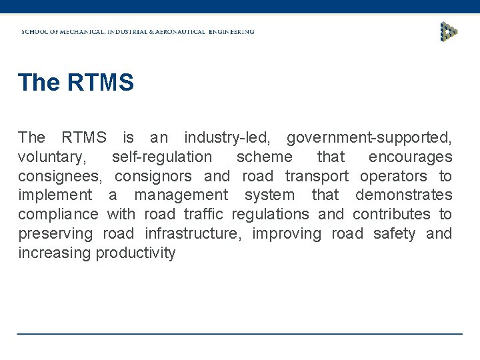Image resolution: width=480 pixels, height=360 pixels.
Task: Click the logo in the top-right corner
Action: [449, 31]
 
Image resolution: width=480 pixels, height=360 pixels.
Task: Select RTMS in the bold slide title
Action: [100, 83]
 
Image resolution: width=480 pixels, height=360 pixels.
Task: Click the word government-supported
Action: [369, 138]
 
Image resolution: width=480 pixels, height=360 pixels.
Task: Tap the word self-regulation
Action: [162, 157]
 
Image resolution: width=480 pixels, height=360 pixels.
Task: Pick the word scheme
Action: [264, 157]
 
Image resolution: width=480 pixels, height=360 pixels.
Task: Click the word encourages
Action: [410, 157]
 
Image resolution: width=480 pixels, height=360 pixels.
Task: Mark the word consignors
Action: [153, 177]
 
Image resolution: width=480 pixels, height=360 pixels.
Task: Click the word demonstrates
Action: [403, 195]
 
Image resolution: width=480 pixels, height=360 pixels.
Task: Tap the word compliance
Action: [58, 215]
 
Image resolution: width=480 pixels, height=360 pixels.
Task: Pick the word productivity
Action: [135, 253]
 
